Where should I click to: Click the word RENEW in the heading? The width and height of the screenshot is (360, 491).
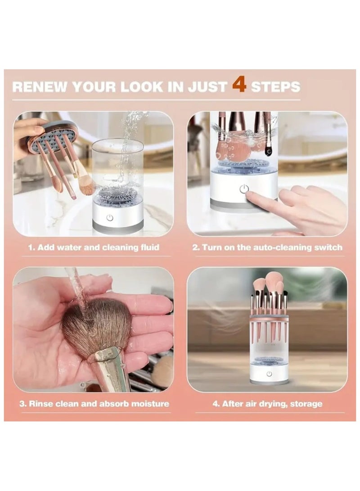(x=40, y=87)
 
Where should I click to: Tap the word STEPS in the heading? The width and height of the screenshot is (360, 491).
(x=275, y=87)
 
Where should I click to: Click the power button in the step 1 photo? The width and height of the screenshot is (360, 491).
(x=109, y=217)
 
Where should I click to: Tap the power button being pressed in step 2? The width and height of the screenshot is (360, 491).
(x=244, y=189)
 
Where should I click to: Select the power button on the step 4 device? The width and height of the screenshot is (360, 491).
(x=269, y=374)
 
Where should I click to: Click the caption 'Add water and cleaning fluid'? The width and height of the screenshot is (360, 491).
(x=98, y=248)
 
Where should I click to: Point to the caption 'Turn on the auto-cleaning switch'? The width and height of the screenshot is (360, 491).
(x=272, y=248)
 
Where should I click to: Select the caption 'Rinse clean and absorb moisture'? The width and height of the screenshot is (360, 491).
(x=99, y=404)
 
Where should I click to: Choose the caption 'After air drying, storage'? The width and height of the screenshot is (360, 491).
(x=272, y=404)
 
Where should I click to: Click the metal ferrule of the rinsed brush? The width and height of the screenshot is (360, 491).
(x=108, y=369)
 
